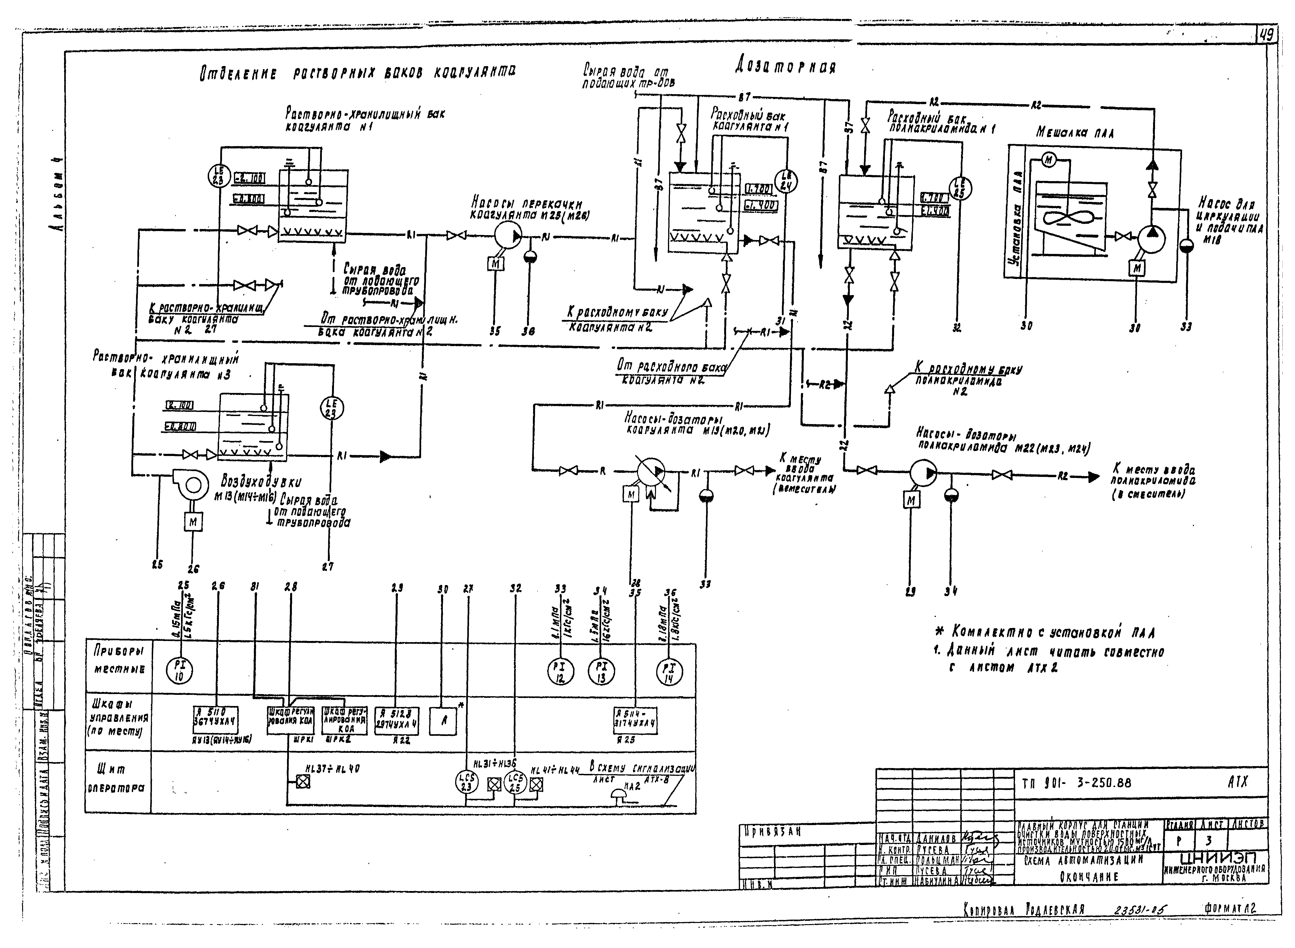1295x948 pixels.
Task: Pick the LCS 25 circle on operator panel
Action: click(515, 782)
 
